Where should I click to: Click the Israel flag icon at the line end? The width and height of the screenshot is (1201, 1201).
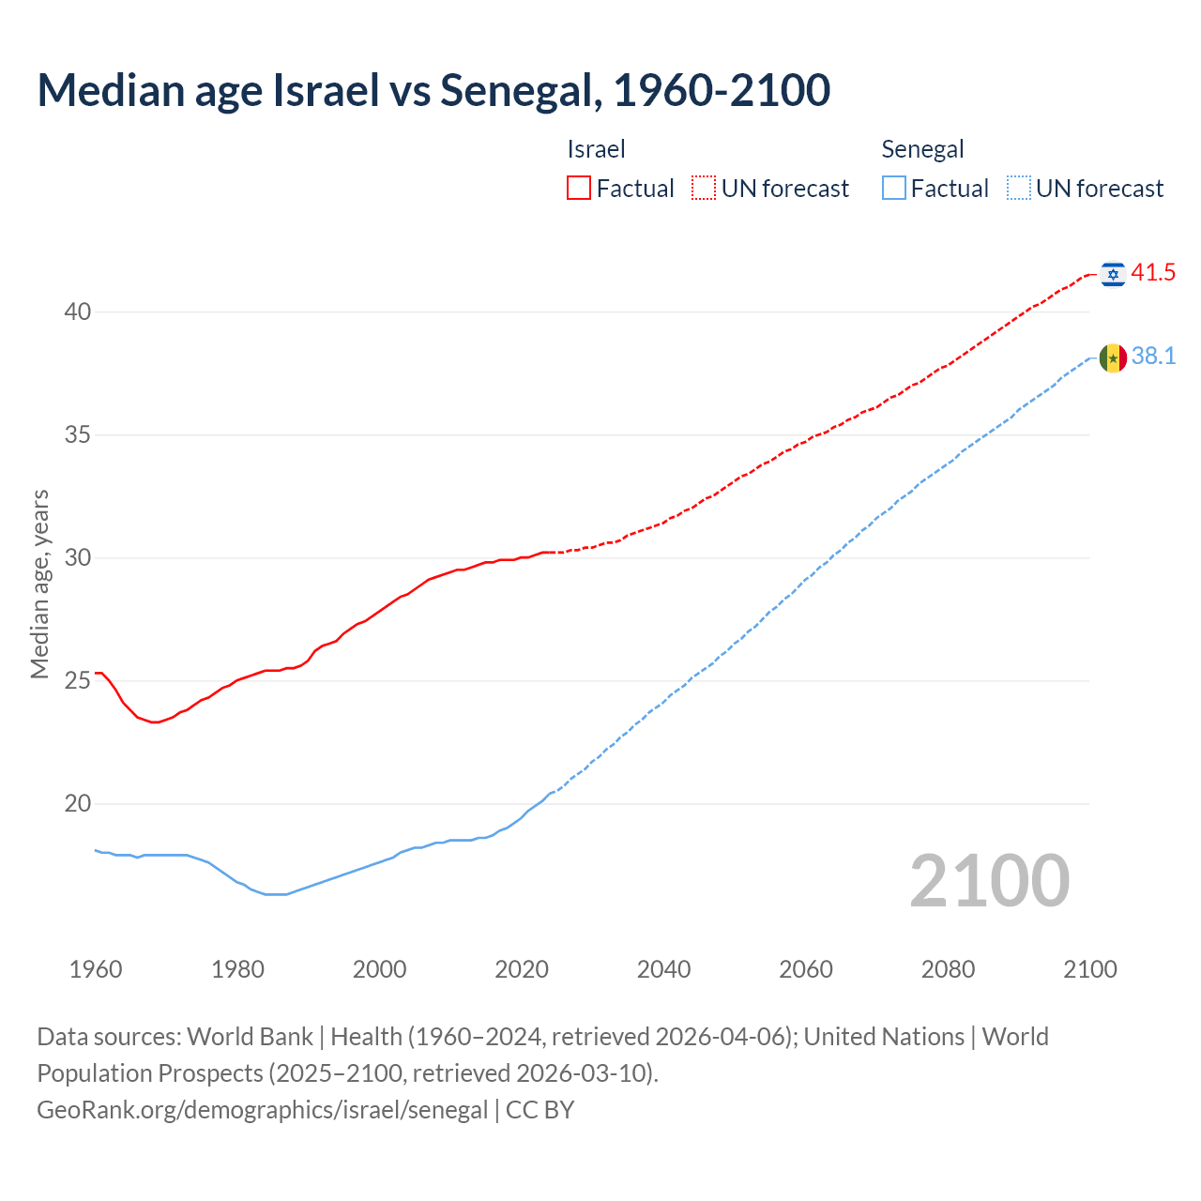(1113, 273)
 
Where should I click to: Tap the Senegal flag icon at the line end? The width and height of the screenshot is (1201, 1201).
(1113, 357)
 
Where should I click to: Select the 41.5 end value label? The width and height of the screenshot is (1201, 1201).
(1153, 273)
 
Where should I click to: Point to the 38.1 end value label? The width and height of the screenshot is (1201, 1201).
(1153, 357)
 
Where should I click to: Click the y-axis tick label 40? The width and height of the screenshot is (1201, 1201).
(78, 312)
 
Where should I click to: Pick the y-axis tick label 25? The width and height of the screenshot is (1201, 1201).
(78, 680)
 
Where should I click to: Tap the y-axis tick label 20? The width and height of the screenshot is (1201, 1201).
(78, 803)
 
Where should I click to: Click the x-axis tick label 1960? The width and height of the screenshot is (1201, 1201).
(96, 969)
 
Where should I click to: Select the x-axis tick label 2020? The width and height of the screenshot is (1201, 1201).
(522, 969)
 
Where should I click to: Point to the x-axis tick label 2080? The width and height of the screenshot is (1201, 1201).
(948, 969)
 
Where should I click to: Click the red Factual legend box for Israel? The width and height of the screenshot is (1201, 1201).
(579, 189)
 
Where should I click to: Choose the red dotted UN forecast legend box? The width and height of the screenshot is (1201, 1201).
(704, 189)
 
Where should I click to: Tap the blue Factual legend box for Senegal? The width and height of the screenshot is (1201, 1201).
(894, 189)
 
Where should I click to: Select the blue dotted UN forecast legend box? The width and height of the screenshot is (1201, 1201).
(1019, 189)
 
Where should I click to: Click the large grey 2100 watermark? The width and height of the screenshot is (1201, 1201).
(989, 881)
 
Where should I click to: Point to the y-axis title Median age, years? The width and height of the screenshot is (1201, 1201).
(39, 584)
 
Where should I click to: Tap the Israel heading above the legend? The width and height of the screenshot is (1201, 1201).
(596, 149)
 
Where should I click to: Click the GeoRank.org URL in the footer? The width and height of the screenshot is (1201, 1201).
(262, 1109)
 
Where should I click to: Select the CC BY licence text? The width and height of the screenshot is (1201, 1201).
(540, 1109)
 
